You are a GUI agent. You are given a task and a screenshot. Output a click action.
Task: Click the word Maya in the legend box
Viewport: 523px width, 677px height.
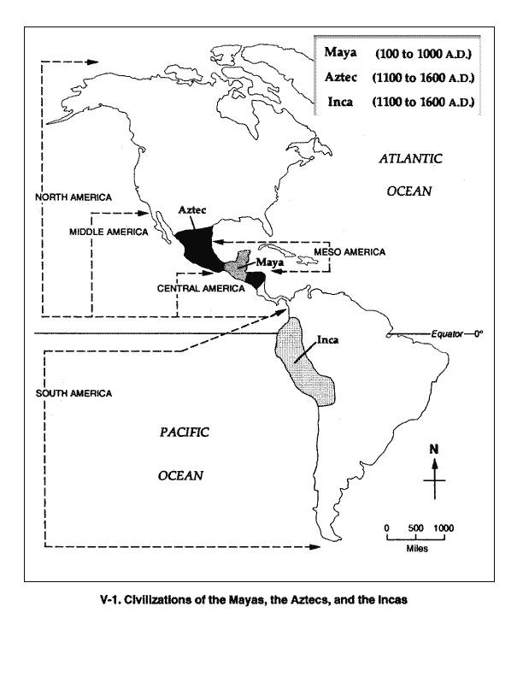click(x=339, y=53)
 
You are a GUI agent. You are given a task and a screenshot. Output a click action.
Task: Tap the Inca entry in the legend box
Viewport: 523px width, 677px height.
click(x=338, y=103)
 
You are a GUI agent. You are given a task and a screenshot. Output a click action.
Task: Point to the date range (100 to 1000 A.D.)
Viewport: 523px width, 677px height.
click(x=423, y=54)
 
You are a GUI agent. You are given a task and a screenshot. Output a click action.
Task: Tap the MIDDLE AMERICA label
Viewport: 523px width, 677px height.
click(x=109, y=232)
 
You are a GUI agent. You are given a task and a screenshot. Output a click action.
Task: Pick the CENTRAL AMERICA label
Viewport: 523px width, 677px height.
click(x=201, y=289)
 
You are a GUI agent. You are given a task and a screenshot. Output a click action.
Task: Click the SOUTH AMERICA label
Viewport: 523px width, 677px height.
click(x=73, y=392)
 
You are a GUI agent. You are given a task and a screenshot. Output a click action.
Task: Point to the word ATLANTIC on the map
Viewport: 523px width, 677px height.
click(x=410, y=158)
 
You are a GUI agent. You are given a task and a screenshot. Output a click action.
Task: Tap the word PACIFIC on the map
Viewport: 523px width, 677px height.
click(x=184, y=433)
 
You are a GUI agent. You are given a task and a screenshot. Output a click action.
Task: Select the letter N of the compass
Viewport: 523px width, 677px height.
click(x=434, y=450)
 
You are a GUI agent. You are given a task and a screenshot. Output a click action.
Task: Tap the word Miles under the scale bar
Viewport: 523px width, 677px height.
click(x=417, y=548)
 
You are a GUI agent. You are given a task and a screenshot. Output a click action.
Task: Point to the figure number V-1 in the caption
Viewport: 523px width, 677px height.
click(x=111, y=599)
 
